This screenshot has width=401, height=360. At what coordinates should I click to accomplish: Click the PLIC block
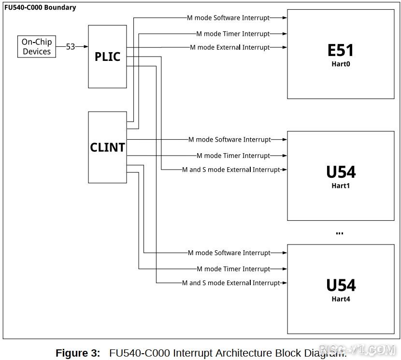[x=107, y=57]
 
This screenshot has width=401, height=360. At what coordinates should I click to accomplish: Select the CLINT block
[x=107, y=147]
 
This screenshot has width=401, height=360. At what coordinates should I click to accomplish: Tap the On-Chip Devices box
[x=36, y=47]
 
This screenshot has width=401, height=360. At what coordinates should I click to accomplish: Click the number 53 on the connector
[x=71, y=47]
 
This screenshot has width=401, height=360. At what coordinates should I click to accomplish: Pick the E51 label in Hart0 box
[x=341, y=50]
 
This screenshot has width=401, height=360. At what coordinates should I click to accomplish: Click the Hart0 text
[x=341, y=64]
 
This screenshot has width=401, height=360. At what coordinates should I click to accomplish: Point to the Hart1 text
[x=341, y=186]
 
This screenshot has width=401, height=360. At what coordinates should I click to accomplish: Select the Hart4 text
[x=341, y=299]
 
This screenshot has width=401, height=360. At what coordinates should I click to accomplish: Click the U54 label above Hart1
[x=341, y=172]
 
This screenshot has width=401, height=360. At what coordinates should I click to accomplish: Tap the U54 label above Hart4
[x=341, y=286]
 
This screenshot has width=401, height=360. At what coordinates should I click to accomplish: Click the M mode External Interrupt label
[x=229, y=47]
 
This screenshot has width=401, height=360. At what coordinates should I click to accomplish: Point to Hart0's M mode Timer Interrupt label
[x=233, y=34]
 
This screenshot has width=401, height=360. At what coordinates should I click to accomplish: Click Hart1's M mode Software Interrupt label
[x=229, y=140]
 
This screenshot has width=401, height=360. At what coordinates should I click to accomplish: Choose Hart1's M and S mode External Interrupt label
[x=231, y=170]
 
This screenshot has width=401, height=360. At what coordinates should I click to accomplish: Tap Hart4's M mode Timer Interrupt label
[x=233, y=269]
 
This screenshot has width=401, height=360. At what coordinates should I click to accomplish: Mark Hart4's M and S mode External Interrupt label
[x=231, y=283]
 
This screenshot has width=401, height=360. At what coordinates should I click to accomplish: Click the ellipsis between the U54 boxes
[x=339, y=233]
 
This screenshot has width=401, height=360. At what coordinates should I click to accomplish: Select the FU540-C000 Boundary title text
[x=40, y=7]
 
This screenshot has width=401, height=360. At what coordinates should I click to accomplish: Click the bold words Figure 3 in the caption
[x=78, y=353]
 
